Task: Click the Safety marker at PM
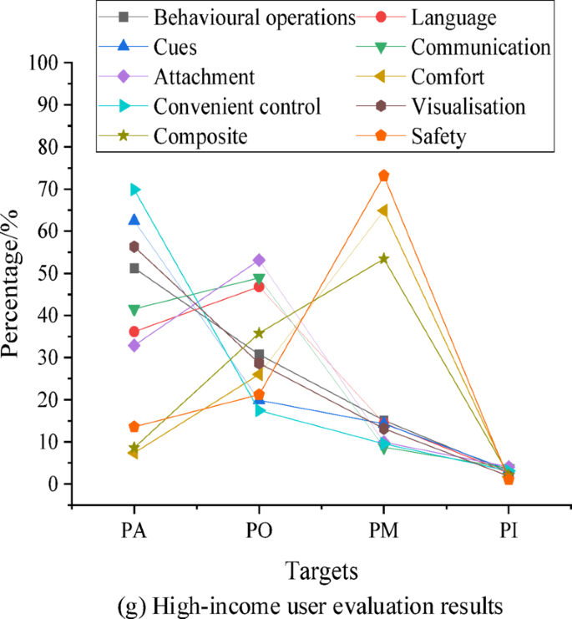(x=383, y=175)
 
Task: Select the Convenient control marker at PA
(x=134, y=190)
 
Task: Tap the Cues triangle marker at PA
(x=134, y=220)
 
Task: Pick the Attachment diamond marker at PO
(x=259, y=260)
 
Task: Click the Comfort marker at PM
(x=383, y=211)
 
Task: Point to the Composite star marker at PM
(x=383, y=258)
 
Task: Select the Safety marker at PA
(x=134, y=427)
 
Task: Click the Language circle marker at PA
(x=134, y=332)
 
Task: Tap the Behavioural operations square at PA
(x=134, y=268)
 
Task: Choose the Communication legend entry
(x=480, y=47)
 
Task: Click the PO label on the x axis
(x=259, y=532)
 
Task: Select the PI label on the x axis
(x=508, y=532)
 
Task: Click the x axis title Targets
(x=321, y=571)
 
